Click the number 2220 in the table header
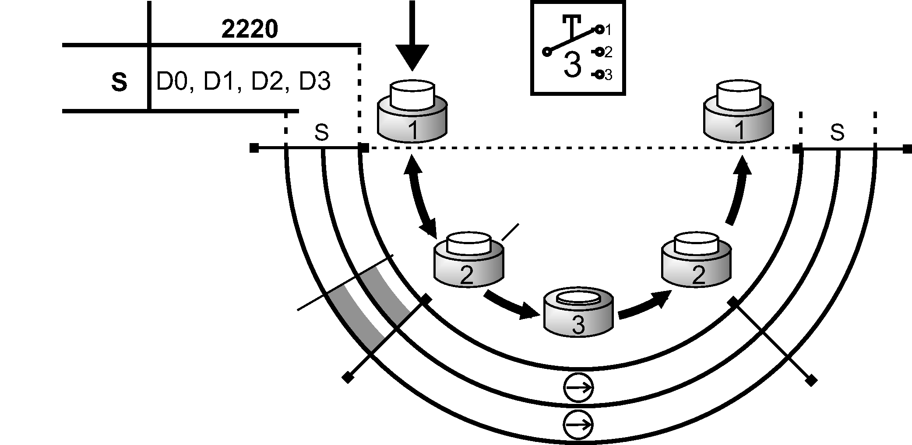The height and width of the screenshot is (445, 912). pos(250,30)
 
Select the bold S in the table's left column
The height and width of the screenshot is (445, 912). pos(119,82)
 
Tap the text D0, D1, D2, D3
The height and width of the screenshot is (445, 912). pos(243,81)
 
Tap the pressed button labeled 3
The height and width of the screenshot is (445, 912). pos(578,312)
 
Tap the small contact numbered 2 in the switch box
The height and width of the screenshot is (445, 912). pos(600,53)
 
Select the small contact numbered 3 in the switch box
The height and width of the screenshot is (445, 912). pos(600,75)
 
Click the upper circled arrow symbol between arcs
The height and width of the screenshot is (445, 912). pos(578,388)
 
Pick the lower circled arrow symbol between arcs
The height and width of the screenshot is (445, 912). pos(578,424)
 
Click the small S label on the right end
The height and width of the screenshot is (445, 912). pos(837,132)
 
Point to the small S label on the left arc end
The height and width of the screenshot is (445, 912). pos(321,132)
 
